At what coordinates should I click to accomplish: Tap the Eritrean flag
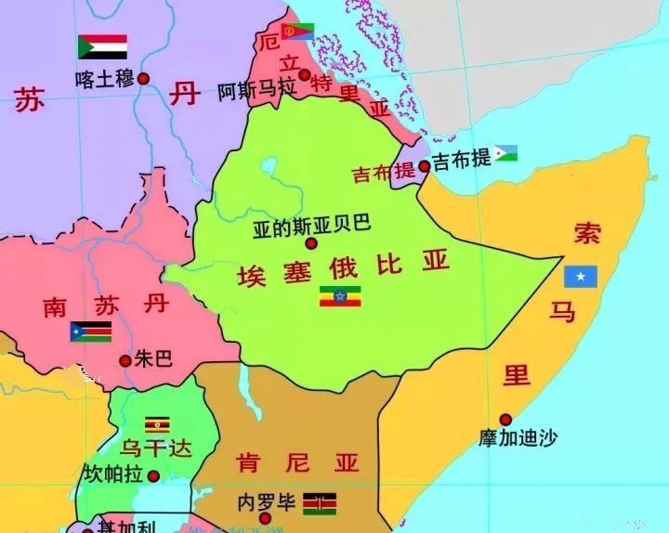pos(298,31)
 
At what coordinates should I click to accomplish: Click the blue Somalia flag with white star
pos(582,276)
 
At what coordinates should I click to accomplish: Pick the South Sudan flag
pos(91,331)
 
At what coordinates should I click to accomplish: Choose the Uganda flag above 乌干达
pos(155,424)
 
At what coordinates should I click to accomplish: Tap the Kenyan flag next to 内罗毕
pos(319,503)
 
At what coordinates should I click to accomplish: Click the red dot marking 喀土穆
pos(144,79)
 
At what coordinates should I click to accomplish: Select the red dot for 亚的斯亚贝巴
pos(311,243)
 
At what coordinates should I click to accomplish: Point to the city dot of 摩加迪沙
pos(505,419)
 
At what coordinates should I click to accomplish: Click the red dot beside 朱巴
pos(125,359)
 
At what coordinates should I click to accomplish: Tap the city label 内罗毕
pos(267,503)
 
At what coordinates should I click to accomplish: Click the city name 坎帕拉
pos(113,474)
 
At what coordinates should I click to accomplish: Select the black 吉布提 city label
pos(462,159)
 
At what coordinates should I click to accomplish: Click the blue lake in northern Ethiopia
pos(270,168)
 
